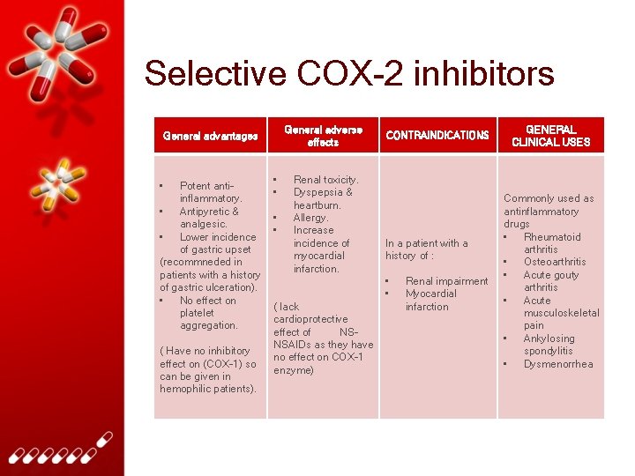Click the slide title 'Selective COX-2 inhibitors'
349,73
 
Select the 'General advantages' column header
210,136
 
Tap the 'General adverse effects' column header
323,136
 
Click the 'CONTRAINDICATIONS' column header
437,136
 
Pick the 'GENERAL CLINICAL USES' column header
551,136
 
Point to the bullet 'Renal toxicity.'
325,180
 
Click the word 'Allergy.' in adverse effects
310,218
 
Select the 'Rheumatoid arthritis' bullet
551,243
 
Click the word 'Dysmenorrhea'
558,364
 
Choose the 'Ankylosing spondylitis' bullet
549,345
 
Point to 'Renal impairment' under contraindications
446,281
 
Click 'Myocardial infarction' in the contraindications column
431,301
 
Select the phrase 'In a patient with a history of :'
427,249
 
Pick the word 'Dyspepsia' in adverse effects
323,192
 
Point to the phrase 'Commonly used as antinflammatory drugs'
549,212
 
